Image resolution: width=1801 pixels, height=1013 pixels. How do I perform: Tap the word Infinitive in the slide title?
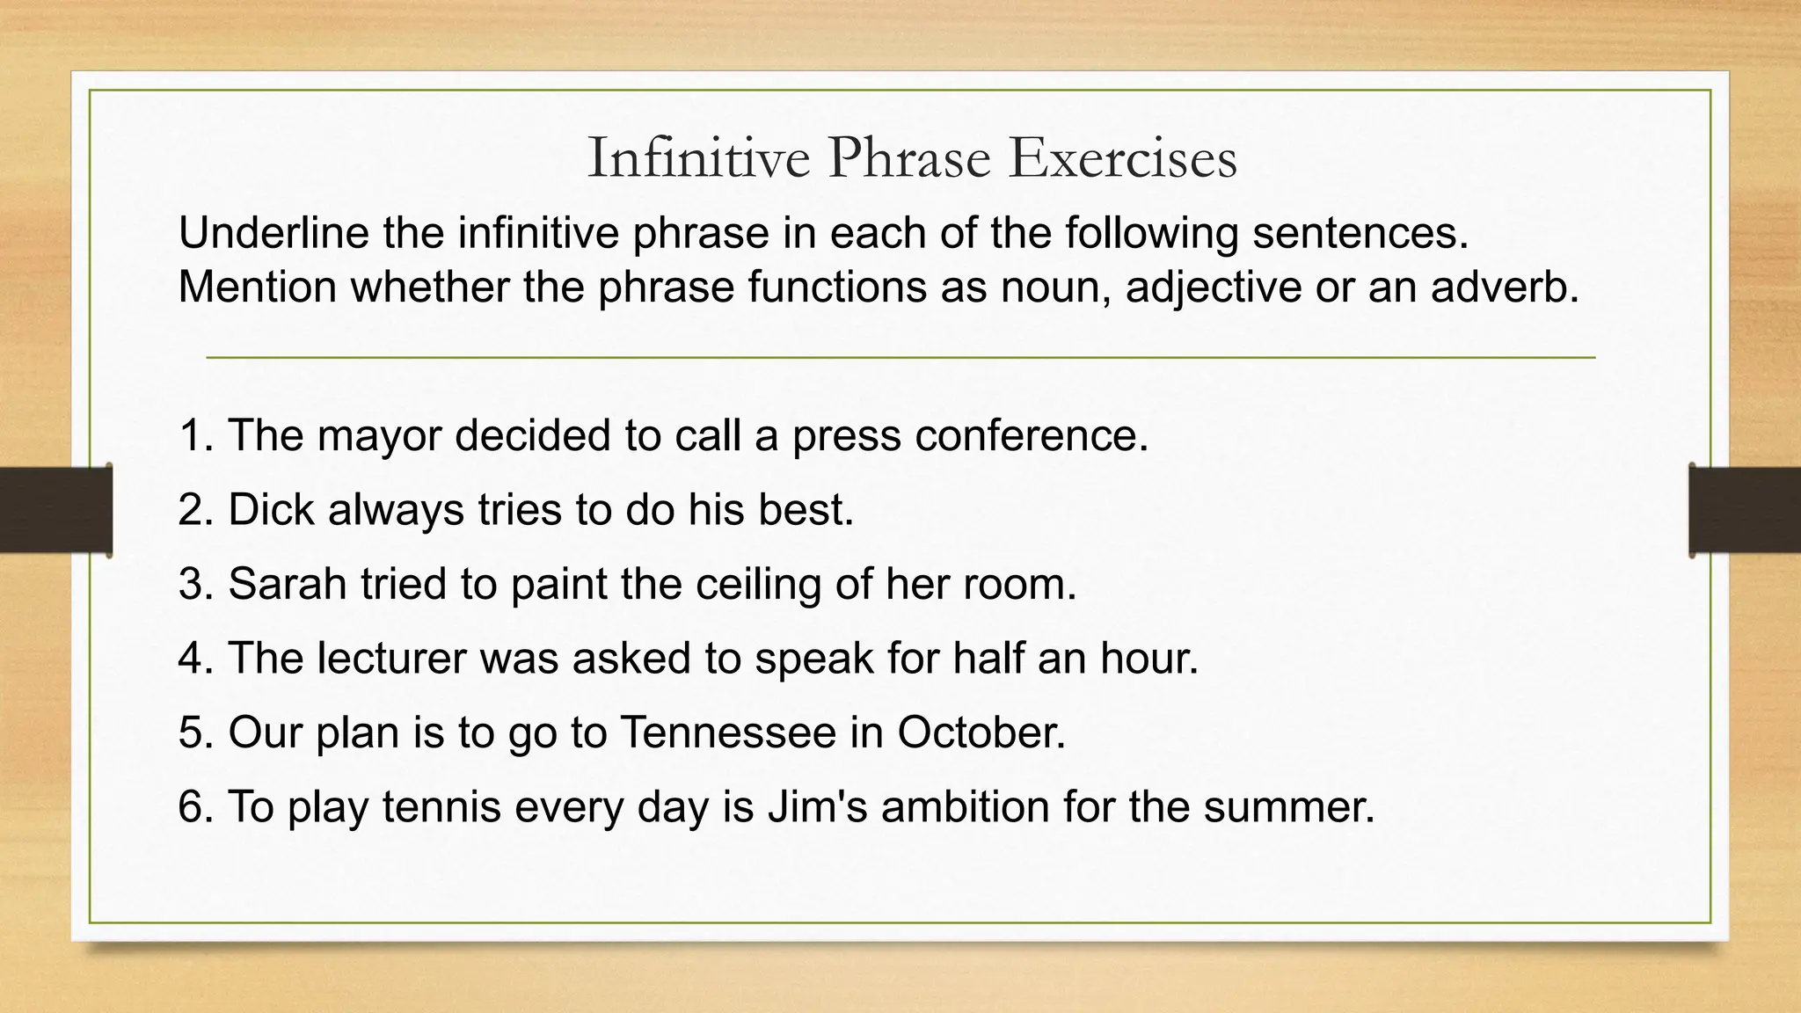[x=698, y=159]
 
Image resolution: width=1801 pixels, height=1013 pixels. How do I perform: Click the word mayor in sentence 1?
[x=379, y=436]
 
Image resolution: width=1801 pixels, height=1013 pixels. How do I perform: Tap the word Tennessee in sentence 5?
[x=728, y=732]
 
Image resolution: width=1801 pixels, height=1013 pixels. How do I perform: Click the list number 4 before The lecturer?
[x=191, y=659]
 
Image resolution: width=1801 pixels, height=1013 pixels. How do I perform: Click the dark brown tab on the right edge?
[x=1745, y=510]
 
